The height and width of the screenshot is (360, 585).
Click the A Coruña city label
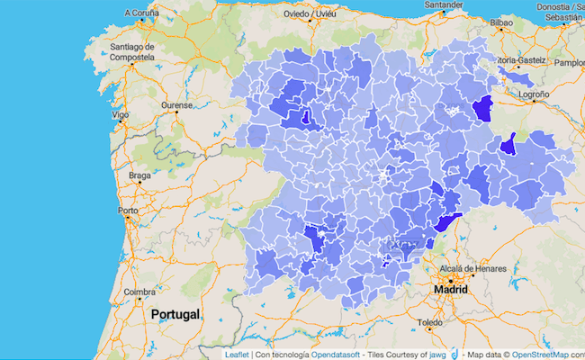pyautogui.click(x=140, y=13)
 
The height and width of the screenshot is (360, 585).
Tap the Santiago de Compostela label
pyautogui.click(x=132, y=52)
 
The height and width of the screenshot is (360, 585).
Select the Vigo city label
pyautogui.click(x=120, y=115)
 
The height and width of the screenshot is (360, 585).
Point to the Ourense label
pyautogui.click(x=176, y=105)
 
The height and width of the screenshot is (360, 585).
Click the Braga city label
pyautogui.click(x=139, y=175)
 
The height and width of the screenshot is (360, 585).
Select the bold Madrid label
pyautogui.click(x=450, y=291)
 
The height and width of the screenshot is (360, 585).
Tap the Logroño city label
pyautogui.click(x=533, y=94)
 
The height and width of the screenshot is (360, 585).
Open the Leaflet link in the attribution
pyautogui.click(x=238, y=354)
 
